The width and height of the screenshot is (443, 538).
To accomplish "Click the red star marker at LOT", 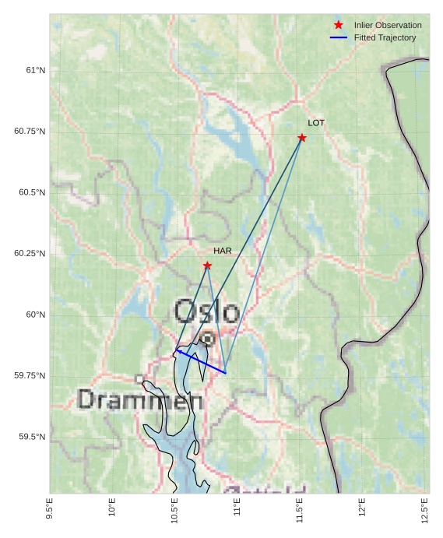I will point(302,138).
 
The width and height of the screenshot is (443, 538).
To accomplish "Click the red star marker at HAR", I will point(207,265).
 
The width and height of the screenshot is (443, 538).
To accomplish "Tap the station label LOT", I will point(316,123).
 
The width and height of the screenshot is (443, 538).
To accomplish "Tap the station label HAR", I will point(223,251).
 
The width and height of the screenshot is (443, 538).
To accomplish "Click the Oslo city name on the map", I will point(206,311).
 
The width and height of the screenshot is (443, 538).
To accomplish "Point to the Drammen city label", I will point(140,400).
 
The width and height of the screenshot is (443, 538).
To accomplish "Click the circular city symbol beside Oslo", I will point(208,339).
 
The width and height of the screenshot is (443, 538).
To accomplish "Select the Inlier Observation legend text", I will point(388,25).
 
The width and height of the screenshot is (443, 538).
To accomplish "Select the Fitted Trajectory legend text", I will point(385,37).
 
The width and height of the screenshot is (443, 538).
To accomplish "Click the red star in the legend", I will point(339,25).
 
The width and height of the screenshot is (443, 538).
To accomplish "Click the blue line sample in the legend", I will point(339,37).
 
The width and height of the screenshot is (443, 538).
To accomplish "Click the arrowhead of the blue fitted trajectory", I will point(178,350).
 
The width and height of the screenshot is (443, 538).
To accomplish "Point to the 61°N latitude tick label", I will point(36,70).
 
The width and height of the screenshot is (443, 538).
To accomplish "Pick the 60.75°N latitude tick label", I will point(30,131).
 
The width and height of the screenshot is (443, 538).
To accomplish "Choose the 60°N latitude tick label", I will point(36,315).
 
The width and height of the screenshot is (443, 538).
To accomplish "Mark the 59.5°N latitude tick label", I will point(32,437).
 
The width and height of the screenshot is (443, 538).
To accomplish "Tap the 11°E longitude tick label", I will point(237,508).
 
